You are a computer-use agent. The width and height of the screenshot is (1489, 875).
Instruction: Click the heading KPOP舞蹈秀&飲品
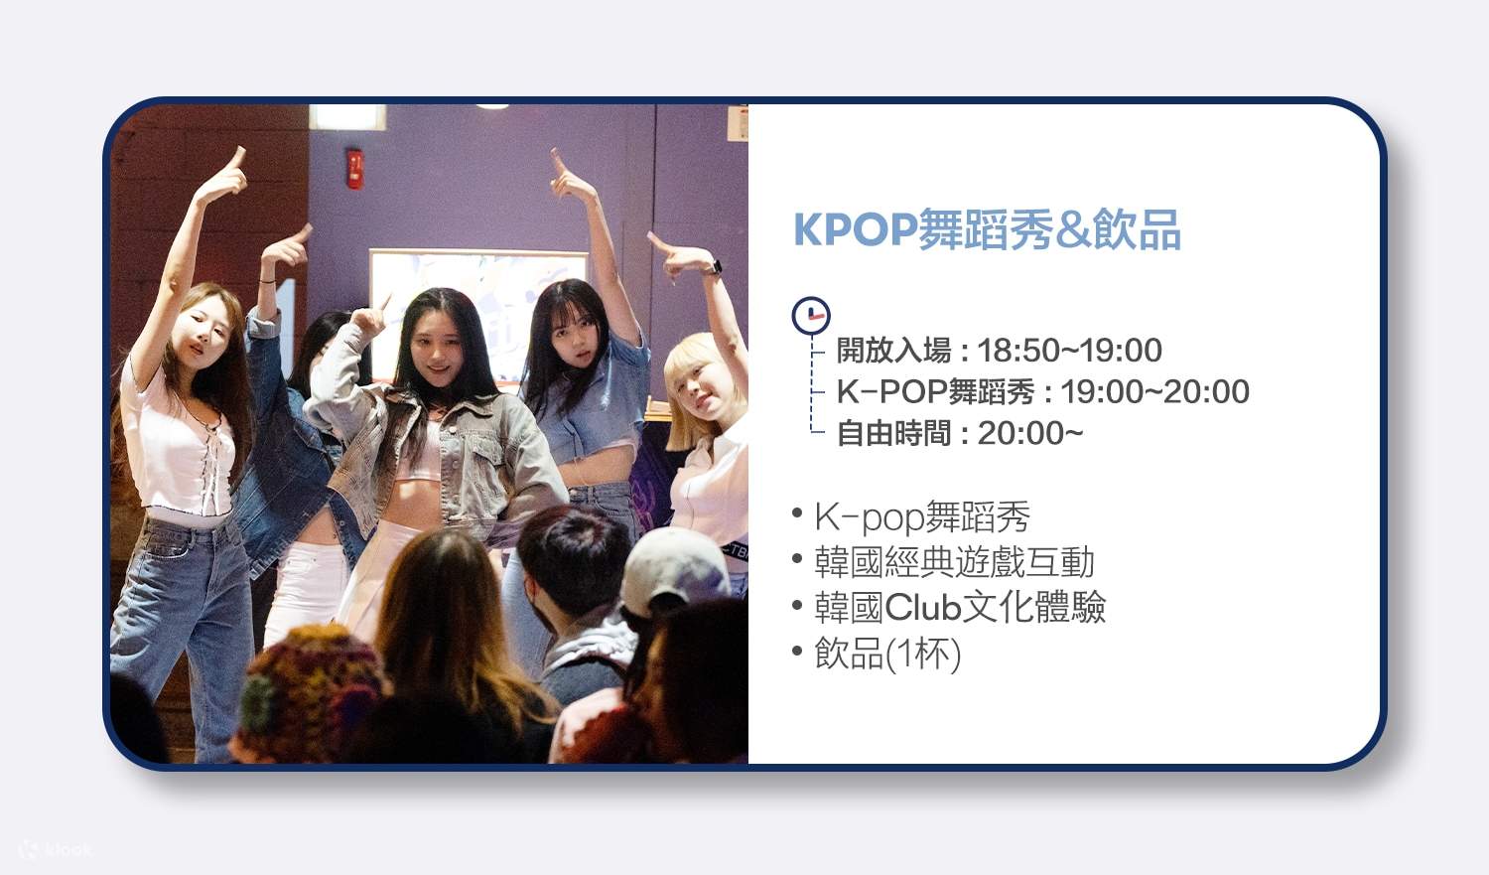pos(987,229)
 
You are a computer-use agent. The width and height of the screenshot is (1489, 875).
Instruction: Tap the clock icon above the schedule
pos(811,315)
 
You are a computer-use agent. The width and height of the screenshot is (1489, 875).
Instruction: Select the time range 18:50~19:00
pos(1069,351)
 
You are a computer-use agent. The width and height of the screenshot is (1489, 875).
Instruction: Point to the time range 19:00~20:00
pos(1154,391)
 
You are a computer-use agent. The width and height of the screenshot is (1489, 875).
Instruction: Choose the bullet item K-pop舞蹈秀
pos(922,517)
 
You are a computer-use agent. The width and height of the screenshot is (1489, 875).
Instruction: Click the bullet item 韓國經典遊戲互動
pos(954,562)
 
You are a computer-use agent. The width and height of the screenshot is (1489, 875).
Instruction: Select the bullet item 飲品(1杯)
pos(887,653)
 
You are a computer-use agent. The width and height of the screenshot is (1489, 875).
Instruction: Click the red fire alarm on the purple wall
pos(355,168)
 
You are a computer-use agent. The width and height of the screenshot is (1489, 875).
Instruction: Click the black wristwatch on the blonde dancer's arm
pos(713,267)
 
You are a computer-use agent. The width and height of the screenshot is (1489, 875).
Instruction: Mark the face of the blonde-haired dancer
pos(699,383)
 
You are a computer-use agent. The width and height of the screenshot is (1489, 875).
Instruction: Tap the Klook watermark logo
pos(56,849)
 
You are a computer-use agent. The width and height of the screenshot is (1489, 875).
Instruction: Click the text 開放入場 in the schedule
pos(893,351)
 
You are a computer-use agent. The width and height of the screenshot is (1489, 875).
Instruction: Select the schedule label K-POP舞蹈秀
pos(935,391)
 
